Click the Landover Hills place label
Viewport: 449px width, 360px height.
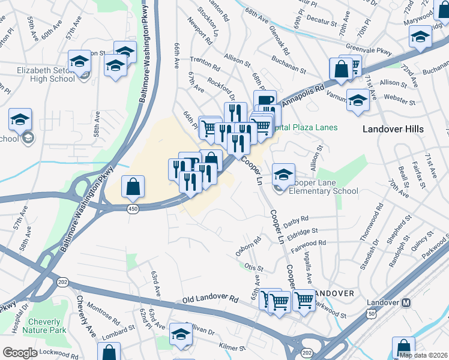(393, 129)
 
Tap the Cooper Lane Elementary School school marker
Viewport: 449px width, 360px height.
(283, 175)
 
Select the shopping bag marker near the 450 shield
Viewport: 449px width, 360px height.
(133, 187)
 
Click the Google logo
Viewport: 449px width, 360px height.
(19, 353)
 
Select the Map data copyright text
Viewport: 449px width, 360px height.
(423, 355)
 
